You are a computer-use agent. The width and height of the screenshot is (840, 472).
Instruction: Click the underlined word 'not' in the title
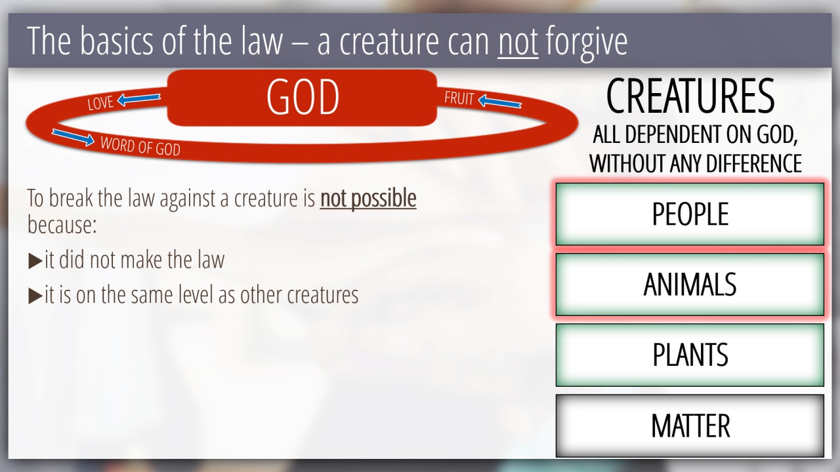518,41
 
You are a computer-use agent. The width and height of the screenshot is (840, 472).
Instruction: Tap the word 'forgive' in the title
587,43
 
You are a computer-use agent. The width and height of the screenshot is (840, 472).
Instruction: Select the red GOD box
302,98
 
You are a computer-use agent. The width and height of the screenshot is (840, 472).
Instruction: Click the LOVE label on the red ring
100,103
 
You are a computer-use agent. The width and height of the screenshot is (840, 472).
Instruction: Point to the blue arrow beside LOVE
138,99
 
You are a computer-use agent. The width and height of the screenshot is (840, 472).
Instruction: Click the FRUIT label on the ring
459,98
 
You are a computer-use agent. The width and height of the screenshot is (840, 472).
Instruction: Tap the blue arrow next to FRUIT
500,102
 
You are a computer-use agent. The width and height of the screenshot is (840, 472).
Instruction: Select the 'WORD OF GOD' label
140,146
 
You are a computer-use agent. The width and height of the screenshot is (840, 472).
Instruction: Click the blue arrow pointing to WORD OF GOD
73,137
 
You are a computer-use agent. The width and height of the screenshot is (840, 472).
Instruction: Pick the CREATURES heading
690,96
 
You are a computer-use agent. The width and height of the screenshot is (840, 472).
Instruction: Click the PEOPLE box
690,214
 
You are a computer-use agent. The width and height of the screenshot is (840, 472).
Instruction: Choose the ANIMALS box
690,285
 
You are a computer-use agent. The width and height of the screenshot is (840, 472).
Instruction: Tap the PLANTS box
690,355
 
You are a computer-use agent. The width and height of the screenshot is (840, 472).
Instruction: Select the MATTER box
690,425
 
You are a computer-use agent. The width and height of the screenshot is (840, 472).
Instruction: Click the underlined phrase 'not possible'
368,199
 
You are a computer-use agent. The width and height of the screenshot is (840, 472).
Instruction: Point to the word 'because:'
62,225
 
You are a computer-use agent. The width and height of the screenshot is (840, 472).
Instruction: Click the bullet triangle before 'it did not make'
35,261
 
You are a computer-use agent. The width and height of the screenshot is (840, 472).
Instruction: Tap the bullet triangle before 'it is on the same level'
35,296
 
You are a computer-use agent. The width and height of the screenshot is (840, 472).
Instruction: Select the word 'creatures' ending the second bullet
323,295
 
